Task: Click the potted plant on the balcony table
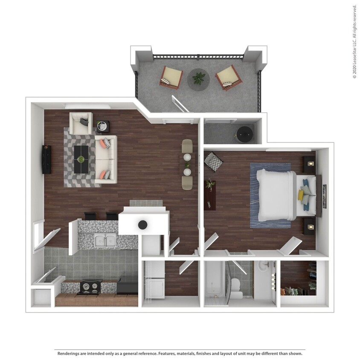click(198, 78)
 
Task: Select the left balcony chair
click(171, 77)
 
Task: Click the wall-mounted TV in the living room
click(46, 159)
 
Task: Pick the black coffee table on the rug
click(81, 160)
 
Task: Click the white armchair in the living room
click(81, 123)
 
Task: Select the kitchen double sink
click(105, 241)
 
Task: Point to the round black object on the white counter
click(142, 224)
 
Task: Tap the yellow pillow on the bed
click(301, 195)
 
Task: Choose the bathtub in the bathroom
click(215, 282)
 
